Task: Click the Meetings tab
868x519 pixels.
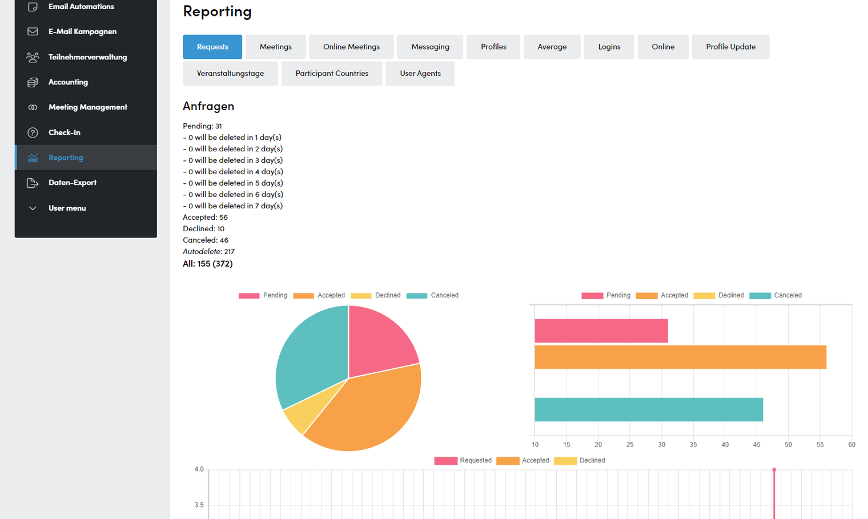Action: click(275, 47)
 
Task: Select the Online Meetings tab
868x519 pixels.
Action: click(351, 47)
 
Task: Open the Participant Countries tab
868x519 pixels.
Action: click(332, 73)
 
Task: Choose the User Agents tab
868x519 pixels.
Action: click(420, 73)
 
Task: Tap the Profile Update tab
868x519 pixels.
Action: click(730, 47)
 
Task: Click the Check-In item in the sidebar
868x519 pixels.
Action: click(65, 132)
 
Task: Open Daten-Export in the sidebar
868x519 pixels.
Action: click(73, 183)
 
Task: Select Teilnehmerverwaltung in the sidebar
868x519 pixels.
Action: click(87, 57)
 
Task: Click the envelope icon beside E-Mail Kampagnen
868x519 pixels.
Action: click(33, 31)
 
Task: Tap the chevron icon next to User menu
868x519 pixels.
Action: click(33, 208)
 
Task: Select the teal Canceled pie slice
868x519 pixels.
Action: click(310, 356)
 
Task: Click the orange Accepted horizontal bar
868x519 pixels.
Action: click(681, 357)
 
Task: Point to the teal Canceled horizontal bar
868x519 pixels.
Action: click(649, 409)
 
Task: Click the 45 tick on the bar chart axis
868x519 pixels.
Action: click(757, 445)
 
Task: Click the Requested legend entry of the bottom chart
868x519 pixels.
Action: click(463, 461)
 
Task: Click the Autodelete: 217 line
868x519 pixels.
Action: click(208, 251)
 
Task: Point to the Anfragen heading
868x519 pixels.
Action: click(208, 106)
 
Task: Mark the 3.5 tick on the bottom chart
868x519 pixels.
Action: click(199, 505)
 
